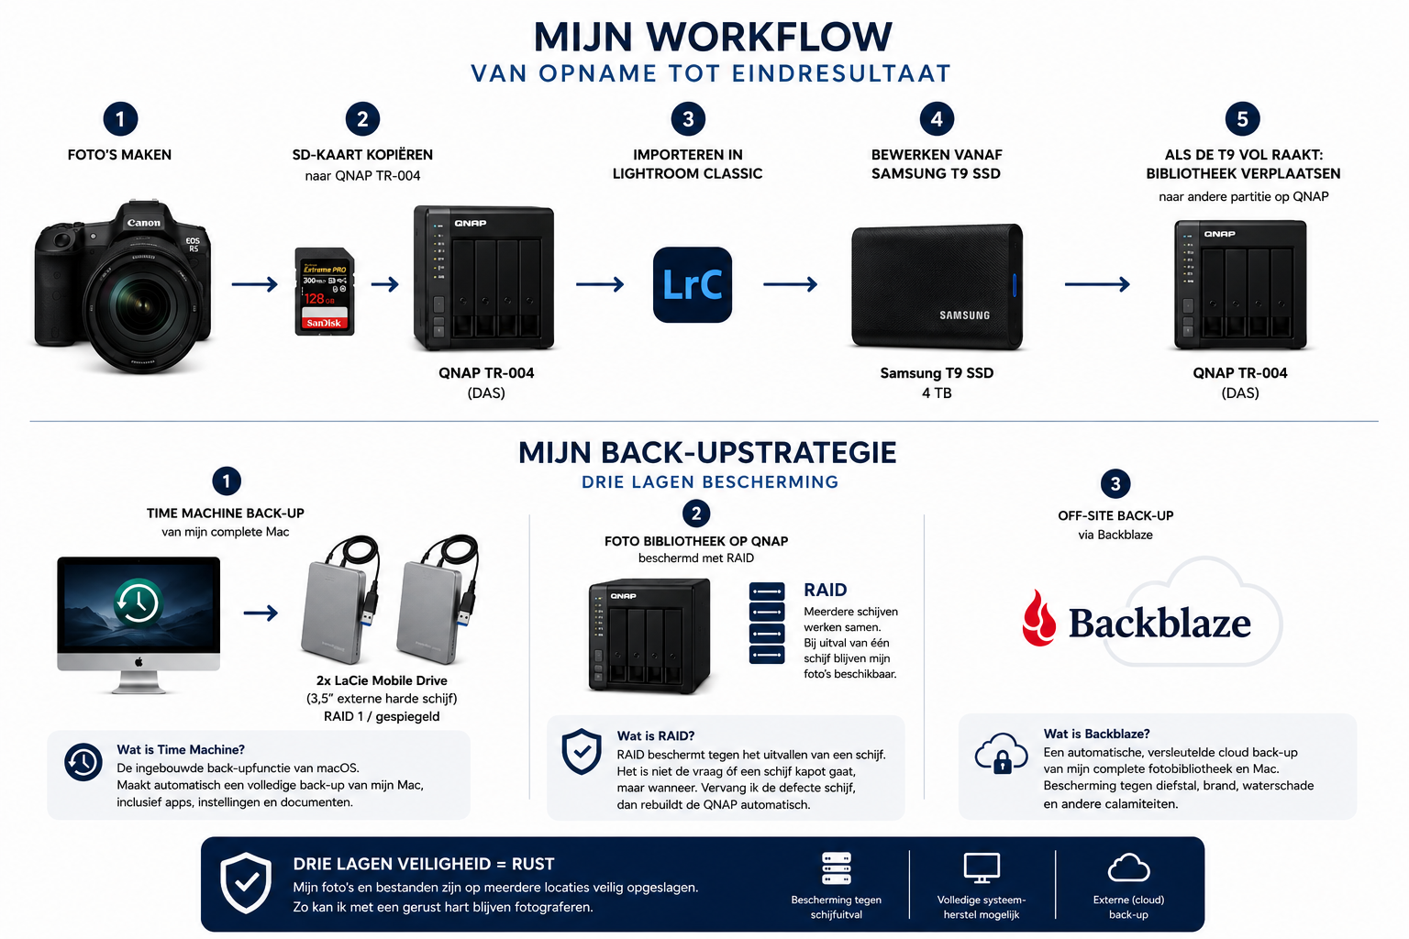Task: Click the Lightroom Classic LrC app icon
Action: pyautogui.click(x=692, y=284)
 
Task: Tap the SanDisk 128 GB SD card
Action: pyautogui.click(x=325, y=292)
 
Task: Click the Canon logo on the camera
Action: pyautogui.click(x=143, y=223)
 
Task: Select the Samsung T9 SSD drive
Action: pyautogui.click(x=937, y=286)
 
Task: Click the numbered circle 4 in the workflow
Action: pyautogui.click(x=937, y=119)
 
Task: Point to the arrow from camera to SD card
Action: pyautogui.click(x=255, y=284)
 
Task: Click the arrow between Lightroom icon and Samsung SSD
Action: pyautogui.click(x=790, y=284)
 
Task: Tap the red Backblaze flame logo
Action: pyautogui.click(x=1039, y=618)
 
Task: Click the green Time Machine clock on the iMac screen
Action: pyautogui.click(x=139, y=602)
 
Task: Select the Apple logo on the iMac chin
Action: pyautogui.click(x=139, y=662)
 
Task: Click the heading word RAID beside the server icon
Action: pyautogui.click(x=826, y=590)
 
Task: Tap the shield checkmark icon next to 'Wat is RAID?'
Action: pyautogui.click(x=582, y=752)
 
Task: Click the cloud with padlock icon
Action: pyautogui.click(x=1001, y=753)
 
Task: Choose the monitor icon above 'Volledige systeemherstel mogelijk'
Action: pyautogui.click(x=982, y=868)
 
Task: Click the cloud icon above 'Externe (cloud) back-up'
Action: pyautogui.click(x=1128, y=867)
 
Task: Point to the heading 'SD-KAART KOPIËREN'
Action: pyautogui.click(x=362, y=155)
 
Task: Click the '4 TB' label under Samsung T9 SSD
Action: pyautogui.click(x=937, y=393)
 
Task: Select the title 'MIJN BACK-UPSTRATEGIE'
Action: pyautogui.click(x=707, y=453)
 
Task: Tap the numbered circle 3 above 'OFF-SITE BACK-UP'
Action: pyautogui.click(x=1115, y=483)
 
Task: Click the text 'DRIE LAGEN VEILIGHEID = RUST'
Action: pyautogui.click(x=423, y=864)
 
